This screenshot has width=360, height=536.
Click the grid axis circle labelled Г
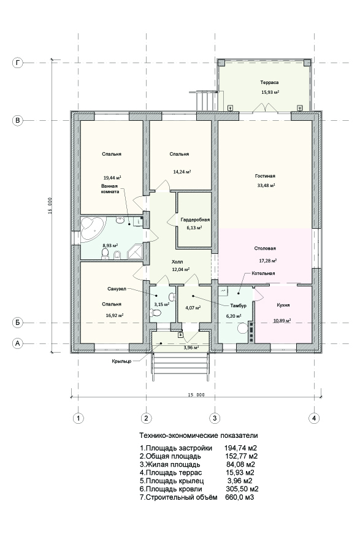(17, 63)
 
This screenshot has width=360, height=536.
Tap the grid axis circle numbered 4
(313, 418)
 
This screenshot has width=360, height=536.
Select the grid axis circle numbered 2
(147, 418)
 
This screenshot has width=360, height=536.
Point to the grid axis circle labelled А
(17, 343)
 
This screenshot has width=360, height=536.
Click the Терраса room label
(269, 82)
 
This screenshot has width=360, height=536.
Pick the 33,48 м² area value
(266, 186)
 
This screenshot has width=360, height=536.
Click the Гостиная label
(265, 176)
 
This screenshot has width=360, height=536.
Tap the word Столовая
(265, 248)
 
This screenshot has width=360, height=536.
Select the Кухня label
(283, 305)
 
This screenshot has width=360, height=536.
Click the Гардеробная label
(195, 220)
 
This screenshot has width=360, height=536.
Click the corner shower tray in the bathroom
(136, 251)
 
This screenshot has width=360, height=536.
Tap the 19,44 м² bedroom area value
(112, 178)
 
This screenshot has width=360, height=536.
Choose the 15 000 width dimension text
(196, 395)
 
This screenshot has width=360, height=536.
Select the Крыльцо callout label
(121, 361)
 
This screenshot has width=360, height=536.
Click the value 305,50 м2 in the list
(242, 489)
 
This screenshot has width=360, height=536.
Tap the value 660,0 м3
(240, 497)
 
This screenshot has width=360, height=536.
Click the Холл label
(177, 262)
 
